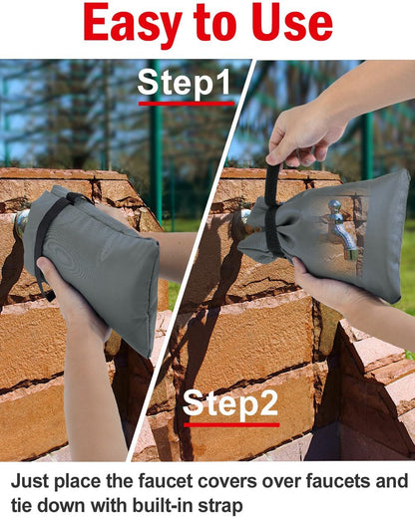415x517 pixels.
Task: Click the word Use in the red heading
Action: tap(291, 22)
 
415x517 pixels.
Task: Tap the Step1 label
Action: tap(184, 83)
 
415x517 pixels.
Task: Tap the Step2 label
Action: tap(230, 403)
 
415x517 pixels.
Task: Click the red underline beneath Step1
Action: tap(187, 104)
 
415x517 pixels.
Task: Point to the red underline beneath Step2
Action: tap(231, 424)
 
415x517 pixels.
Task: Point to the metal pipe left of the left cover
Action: tap(21, 222)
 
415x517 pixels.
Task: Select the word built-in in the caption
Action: tap(163, 506)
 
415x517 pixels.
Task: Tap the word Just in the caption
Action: tap(30, 481)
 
